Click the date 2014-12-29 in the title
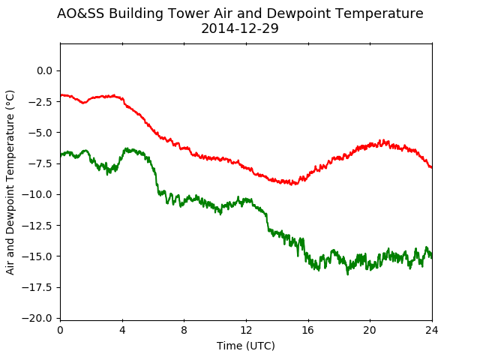[x=240, y=28]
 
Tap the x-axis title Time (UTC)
[x=246, y=346]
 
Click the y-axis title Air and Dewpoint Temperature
[x=10, y=183]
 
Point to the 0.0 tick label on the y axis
[x=45, y=70]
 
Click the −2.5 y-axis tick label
[x=40, y=102]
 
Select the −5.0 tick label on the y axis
[x=40, y=133]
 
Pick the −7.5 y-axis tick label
[x=40, y=163]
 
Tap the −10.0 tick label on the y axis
[x=37, y=194]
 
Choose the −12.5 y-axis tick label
[x=37, y=226]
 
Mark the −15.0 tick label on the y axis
[x=37, y=256]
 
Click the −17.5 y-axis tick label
[x=37, y=287]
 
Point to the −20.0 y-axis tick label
[x=37, y=318]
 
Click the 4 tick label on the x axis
[x=122, y=330]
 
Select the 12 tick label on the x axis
[x=246, y=330]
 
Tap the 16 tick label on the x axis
[x=308, y=330]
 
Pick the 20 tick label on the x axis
[x=370, y=330]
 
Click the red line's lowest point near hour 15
[x=292, y=184]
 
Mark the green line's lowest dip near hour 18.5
[x=347, y=274]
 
